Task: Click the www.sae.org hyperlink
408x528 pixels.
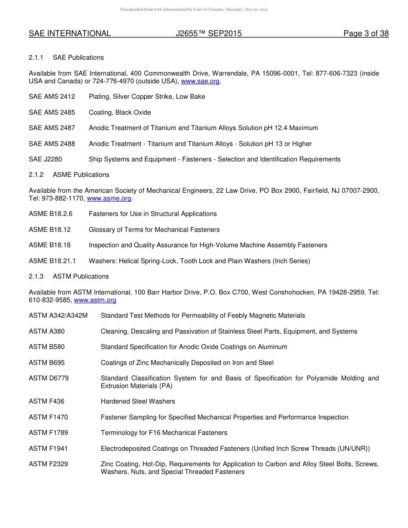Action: pyautogui.click(x=200, y=81)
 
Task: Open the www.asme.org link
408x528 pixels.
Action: pyautogui.click(x=109, y=198)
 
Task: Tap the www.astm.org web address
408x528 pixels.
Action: pyautogui.click(x=95, y=300)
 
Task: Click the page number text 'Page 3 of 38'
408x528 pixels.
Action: pyautogui.click(x=366, y=33)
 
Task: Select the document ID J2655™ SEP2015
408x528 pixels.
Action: pyautogui.click(x=209, y=33)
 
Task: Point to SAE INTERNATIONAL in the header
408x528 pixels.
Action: pyautogui.click(x=70, y=33)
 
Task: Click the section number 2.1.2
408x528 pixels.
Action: pyautogui.click(x=36, y=175)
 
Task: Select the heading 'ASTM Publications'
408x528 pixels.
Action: pyautogui.click(x=81, y=276)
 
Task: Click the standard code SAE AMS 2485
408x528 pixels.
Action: pyautogui.click(x=52, y=112)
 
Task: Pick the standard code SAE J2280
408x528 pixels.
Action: pyautogui.click(x=45, y=159)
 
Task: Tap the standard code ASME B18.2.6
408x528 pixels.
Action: pyautogui.click(x=51, y=214)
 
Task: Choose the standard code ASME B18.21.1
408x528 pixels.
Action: pyautogui.click(x=52, y=261)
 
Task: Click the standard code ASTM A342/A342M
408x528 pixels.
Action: pyautogui.click(x=58, y=316)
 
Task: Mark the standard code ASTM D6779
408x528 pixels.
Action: pyautogui.click(x=49, y=378)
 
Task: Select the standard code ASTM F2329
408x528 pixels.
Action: pyautogui.click(x=48, y=464)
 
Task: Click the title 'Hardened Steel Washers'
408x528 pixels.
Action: pyautogui.click(x=138, y=401)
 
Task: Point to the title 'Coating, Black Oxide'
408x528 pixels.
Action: pyautogui.click(x=120, y=112)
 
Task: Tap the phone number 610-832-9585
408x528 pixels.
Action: pyautogui.click(x=50, y=300)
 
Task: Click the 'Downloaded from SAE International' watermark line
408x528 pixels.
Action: pyautogui.click(x=193, y=9)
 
